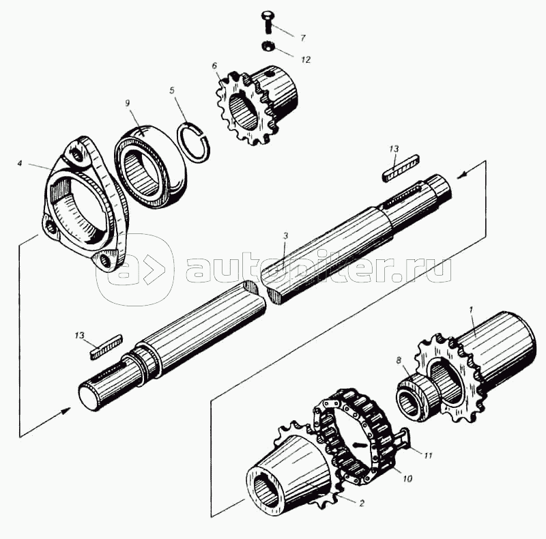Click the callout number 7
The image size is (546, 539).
[302, 38]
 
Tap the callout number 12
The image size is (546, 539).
[305, 59]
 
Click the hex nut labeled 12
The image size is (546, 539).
[266, 46]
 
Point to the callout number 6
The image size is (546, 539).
[214, 65]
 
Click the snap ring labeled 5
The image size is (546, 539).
[194, 141]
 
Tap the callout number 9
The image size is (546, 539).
[128, 103]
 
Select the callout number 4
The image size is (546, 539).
[20, 163]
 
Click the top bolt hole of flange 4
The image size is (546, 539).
[76, 154]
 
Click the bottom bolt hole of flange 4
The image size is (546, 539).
[104, 259]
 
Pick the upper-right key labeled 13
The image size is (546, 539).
[401, 168]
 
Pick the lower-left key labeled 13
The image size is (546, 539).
[106, 347]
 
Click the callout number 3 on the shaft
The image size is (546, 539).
[285, 236]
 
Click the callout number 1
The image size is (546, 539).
[471, 309]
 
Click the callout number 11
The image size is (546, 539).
[428, 456]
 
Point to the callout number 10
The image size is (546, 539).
[407, 479]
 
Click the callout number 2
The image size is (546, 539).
[362, 503]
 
